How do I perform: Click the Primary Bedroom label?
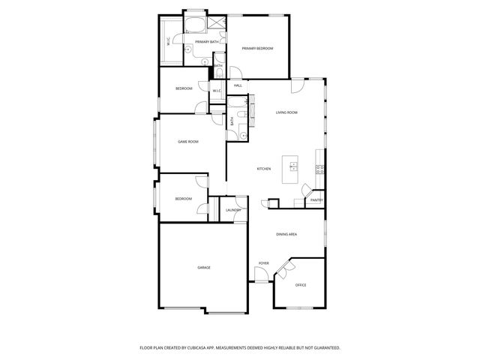tap(257, 48)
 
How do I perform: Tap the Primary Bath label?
tap(207, 42)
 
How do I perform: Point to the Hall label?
tap(238, 85)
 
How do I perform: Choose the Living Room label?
tap(286, 112)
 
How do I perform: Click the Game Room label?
tap(187, 142)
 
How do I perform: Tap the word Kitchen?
tap(264, 169)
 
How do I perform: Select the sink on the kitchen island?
tap(292, 164)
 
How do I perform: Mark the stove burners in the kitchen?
tap(320, 169)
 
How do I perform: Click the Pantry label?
tap(316, 200)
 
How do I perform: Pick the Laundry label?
tap(233, 210)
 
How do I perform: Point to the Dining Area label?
tap(286, 235)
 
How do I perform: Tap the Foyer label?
tap(263, 263)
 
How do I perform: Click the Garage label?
tap(204, 268)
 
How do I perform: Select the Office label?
tap(301, 285)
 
